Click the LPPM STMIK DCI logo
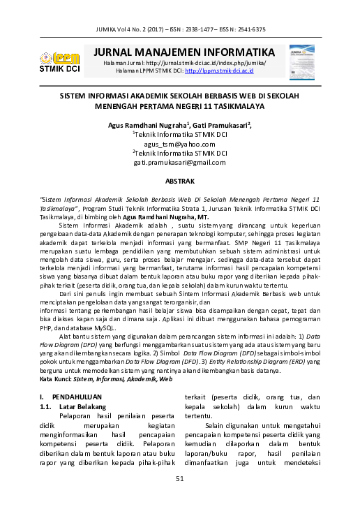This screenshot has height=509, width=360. tap(59, 60)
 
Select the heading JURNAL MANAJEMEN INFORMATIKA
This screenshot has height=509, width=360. tap(179, 52)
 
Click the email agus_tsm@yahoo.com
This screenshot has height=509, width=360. tap(180, 142)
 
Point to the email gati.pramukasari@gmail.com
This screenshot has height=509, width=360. tap(180, 162)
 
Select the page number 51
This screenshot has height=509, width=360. tap(179, 478)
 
